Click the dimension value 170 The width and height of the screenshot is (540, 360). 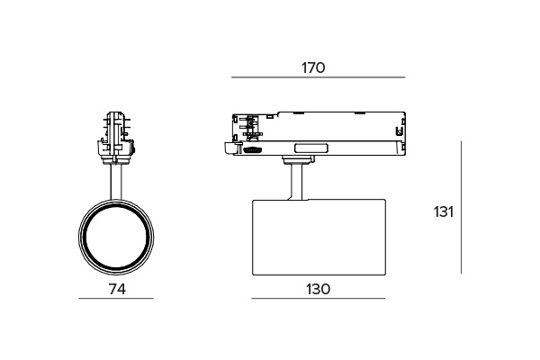click(313, 67)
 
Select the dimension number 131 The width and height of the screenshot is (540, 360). click(443, 212)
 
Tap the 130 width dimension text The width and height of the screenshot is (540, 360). click(318, 289)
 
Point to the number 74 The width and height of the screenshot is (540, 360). click(115, 289)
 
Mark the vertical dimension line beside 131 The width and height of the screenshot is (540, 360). click(461, 207)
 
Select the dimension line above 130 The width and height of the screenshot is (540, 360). click(318, 299)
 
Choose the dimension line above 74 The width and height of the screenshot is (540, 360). click(115, 299)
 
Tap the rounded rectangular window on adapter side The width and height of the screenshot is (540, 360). click(310, 148)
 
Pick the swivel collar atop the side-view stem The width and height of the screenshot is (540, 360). click(295, 163)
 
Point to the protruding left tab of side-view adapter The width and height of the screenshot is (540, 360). click(226, 147)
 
